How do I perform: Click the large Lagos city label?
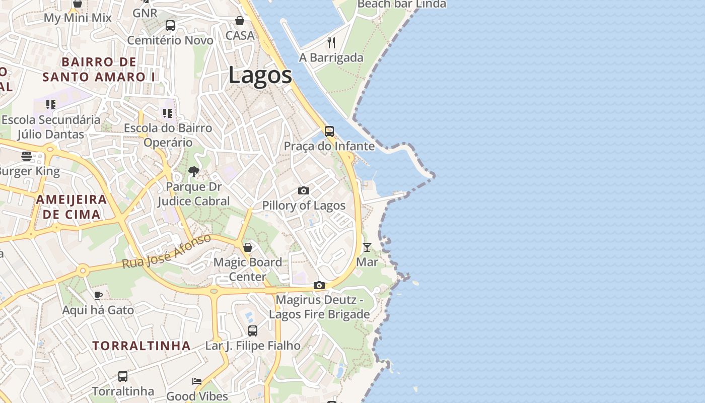260,76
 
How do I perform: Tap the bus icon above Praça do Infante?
329,131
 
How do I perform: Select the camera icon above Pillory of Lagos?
304,190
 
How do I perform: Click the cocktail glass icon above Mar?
367,247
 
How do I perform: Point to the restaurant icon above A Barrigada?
331,43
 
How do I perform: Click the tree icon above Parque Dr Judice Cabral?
193,172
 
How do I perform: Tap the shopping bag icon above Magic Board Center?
248,247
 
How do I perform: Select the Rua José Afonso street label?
167,251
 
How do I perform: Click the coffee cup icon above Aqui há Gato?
98,295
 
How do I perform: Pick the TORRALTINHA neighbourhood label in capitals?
142,346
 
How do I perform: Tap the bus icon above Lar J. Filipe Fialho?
253,331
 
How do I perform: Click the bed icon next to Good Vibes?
197,381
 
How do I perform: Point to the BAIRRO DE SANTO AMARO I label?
99,70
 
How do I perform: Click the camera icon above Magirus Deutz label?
319,286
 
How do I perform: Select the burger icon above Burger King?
27,156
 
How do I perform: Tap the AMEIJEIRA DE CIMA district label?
72,207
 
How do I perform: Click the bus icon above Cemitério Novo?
170,25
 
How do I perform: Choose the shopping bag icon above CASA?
240,21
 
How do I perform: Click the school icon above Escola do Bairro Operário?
168,113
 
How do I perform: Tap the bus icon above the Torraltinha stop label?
123,376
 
